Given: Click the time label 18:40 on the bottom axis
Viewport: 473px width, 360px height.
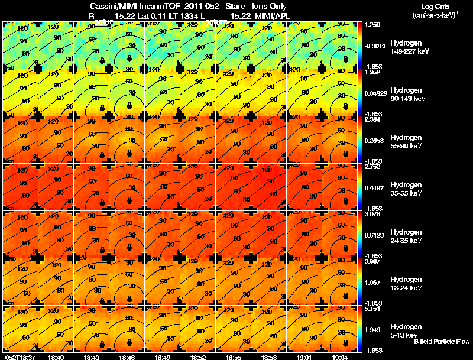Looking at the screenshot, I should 56,357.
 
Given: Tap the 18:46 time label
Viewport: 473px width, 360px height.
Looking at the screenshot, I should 127,357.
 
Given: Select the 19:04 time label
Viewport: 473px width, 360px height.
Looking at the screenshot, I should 339,357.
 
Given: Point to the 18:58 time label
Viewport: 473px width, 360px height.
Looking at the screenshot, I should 268,357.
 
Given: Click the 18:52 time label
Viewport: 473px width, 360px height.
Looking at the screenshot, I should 197,357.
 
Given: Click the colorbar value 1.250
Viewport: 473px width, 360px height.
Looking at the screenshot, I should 372,25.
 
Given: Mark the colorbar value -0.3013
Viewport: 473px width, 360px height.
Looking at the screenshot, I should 375,45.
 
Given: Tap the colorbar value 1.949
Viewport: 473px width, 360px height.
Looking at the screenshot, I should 372,329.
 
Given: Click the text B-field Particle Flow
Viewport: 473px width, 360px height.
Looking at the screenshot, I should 442,342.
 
